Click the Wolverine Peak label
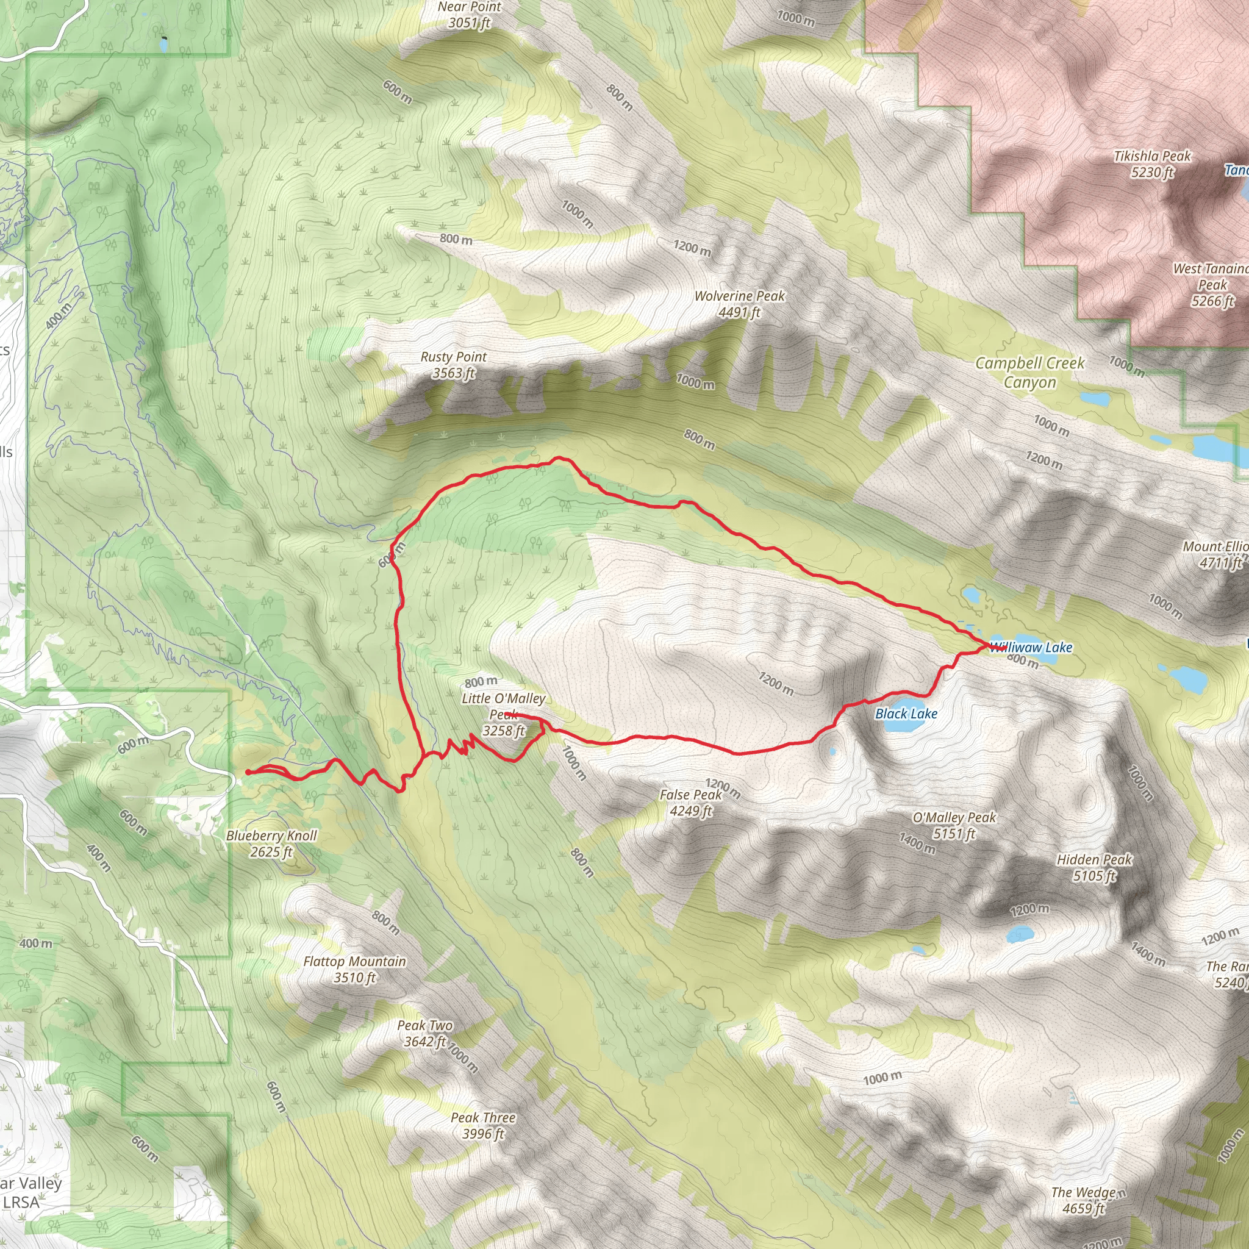click(x=739, y=304)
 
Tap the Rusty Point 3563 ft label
click(x=453, y=365)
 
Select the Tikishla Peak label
click(x=1152, y=163)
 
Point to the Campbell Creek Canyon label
click(x=1029, y=373)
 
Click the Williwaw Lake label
click(x=1031, y=647)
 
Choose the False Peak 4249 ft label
click(x=690, y=803)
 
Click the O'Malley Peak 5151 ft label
click(x=954, y=825)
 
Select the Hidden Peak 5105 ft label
click(x=1094, y=867)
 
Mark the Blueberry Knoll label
click(x=271, y=843)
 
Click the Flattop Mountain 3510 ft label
click(x=354, y=969)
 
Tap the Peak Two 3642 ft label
click(x=424, y=1032)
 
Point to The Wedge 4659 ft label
click(x=1084, y=1200)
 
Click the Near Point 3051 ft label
click(x=470, y=14)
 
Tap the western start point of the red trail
click(x=248, y=771)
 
